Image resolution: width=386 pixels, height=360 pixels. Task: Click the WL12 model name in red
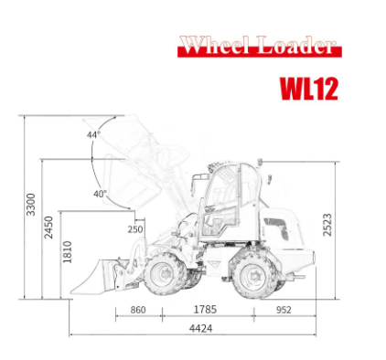tap(308, 88)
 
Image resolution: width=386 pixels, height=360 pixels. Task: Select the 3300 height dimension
tap(31, 205)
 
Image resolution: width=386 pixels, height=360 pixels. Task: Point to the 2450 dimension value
tap(49, 227)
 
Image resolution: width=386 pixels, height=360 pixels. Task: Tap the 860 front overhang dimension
tap(137, 310)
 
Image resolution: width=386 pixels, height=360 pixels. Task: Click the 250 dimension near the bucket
tap(135, 229)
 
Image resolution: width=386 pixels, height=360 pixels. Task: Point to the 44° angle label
tap(93, 135)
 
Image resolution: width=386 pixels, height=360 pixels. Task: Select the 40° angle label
tap(99, 194)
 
